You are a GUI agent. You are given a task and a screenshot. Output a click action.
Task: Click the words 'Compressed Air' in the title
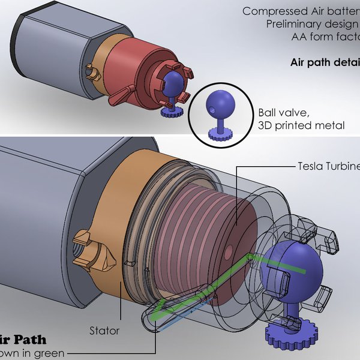point(277,11)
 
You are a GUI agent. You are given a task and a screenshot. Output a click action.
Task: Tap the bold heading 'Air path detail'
point(325,62)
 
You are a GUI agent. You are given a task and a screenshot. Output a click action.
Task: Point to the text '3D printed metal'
point(301,125)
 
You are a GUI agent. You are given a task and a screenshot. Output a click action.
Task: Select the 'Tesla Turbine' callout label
point(328,166)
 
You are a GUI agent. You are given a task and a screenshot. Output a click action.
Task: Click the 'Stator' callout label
point(104,330)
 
